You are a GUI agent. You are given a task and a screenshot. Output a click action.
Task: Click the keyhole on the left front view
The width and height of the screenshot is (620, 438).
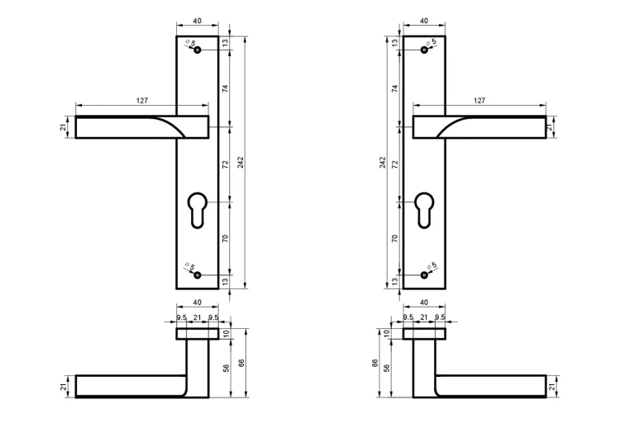(x=198, y=210)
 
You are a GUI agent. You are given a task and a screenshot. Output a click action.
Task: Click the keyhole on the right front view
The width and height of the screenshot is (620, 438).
(x=424, y=210)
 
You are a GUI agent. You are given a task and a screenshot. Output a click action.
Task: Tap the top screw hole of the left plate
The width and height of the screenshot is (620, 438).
(x=198, y=50)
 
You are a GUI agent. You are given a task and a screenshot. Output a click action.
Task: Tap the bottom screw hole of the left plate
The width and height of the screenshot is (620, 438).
(x=198, y=275)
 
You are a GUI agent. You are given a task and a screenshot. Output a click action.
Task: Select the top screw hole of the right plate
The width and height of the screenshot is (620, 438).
(x=424, y=50)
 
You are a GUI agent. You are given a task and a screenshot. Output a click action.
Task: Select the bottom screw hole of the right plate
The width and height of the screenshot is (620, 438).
(x=424, y=275)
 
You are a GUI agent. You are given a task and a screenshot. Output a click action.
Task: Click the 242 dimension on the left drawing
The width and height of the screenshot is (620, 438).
(x=241, y=163)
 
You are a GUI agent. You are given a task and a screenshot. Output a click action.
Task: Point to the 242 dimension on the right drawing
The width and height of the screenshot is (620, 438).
(x=383, y=163)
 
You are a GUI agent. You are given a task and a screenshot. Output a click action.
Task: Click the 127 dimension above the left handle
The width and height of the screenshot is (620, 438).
(x=142, y=101)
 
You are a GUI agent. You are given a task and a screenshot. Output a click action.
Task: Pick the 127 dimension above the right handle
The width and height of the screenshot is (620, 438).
(x=479, y=101)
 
